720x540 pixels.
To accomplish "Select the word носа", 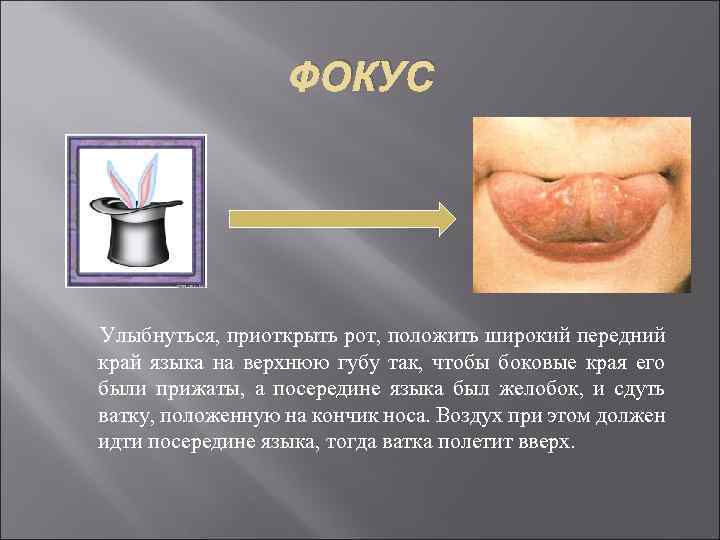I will [412, 414].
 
